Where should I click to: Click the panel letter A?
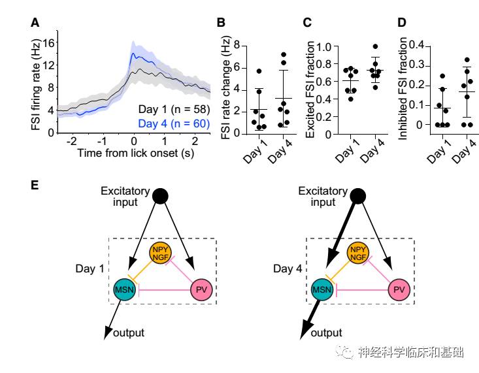(x=35, y=24)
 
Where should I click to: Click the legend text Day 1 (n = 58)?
(x=169, y=108)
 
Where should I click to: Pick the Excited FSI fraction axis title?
(x=312, y=89)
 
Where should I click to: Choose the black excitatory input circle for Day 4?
(x=358, y=195)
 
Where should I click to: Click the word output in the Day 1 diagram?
(x=129, y=333)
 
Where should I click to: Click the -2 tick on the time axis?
(x=73, y=140)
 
